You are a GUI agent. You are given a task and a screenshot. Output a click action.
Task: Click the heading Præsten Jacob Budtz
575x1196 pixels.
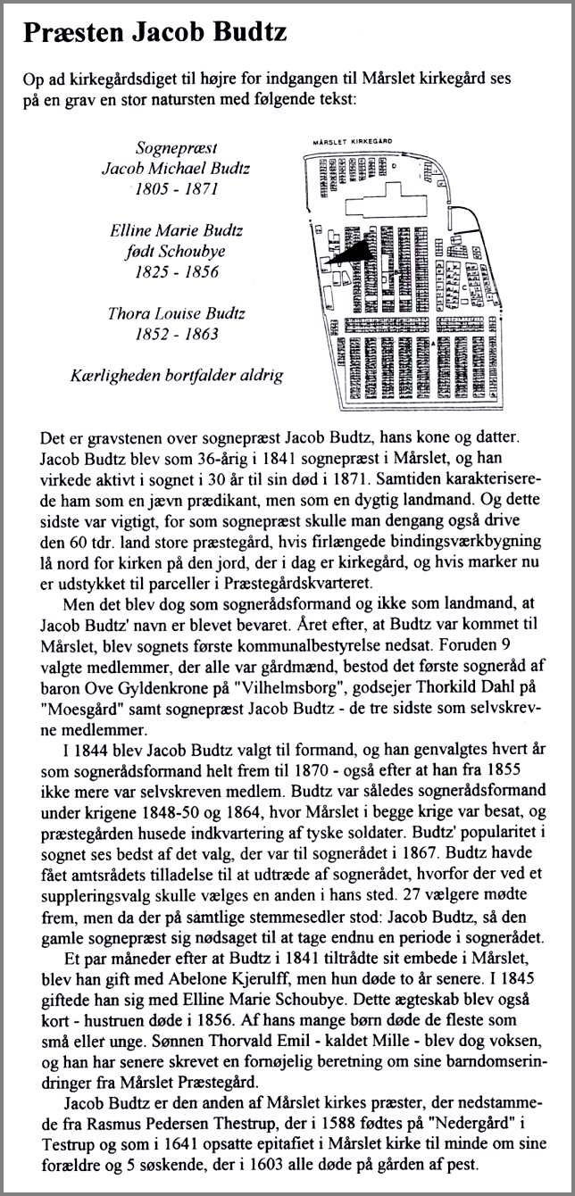coord(155,35)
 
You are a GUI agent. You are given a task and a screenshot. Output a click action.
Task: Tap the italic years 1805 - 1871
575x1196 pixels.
coord(176,188)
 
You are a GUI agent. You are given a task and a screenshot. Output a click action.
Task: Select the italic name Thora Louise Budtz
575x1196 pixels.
coord(175,314)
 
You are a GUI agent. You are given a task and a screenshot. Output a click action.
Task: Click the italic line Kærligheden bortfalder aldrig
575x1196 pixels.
coord(176,375)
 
